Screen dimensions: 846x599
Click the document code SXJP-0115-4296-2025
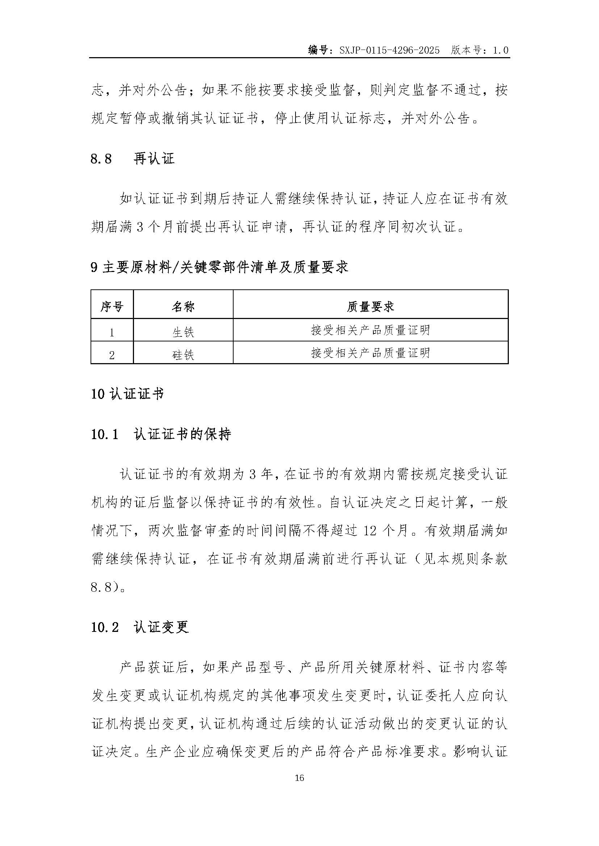click(390, 50)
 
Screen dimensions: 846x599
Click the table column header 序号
click(112, 307)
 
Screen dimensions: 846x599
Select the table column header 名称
click(183, 307)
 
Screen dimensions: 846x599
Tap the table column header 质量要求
click(370, 307)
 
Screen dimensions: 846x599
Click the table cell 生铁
click(183, 332)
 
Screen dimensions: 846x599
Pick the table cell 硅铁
click(183, 355)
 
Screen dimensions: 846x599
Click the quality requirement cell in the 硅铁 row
click(370, 353)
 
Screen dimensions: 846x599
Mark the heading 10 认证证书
click(127, 394)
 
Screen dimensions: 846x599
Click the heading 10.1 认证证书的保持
click(161, 434)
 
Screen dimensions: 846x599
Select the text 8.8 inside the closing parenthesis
click(101, 587)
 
